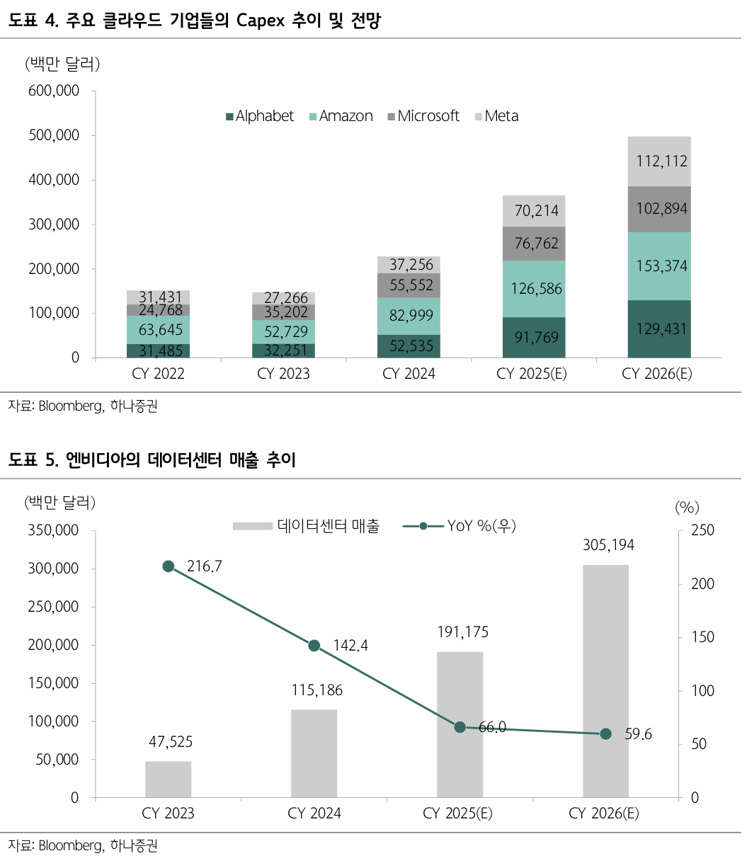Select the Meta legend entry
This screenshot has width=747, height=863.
[x=496, y=116]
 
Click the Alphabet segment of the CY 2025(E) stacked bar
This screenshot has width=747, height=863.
[x=533, y=337]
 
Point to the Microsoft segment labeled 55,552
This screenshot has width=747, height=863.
[x=409, y=285]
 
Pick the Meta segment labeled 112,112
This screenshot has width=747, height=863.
[x=659, y=161]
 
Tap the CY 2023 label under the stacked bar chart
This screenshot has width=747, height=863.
[x=283, y=374]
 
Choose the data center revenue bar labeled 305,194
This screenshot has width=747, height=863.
[x=605, y=680]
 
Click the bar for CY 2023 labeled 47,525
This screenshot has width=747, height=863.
[x=169, y=779]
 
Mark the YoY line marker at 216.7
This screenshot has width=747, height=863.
[x=169, y=566]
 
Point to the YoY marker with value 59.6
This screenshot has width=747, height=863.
[x=605, y=734]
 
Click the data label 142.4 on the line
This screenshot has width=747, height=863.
[x=349, y=646]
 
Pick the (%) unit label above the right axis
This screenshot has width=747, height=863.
[x=687, y=507]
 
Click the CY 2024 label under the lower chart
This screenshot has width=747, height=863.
[x=314, y=813]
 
